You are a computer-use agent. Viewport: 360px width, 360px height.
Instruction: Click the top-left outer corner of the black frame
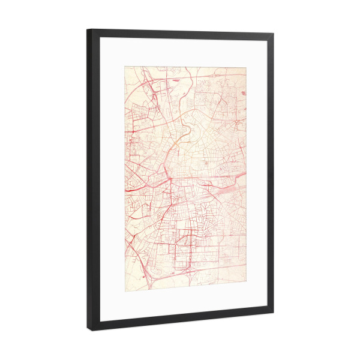(x=88, y=29)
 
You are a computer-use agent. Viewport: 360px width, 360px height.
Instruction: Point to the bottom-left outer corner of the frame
(x=88, y=330)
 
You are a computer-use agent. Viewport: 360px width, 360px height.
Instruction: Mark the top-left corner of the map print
(x=125, y=66)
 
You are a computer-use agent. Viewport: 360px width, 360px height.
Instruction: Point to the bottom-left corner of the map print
(x=125, y=287)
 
